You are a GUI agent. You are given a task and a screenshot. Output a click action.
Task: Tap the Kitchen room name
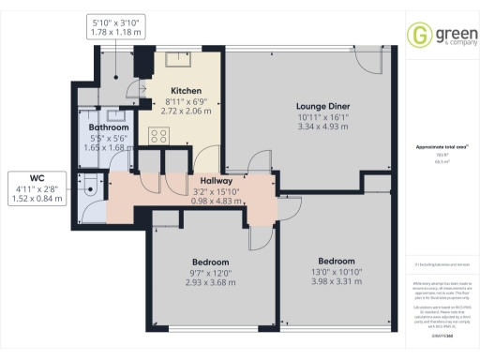(x=182, y=91)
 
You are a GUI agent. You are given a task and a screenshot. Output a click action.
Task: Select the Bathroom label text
(x=109, y=127)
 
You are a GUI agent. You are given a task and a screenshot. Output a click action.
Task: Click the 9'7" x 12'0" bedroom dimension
(x=207, y=272)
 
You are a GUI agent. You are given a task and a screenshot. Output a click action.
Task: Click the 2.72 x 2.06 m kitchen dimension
(x=182, y=112)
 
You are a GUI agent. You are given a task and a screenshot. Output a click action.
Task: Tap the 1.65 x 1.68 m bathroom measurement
(x=109, y=147)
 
